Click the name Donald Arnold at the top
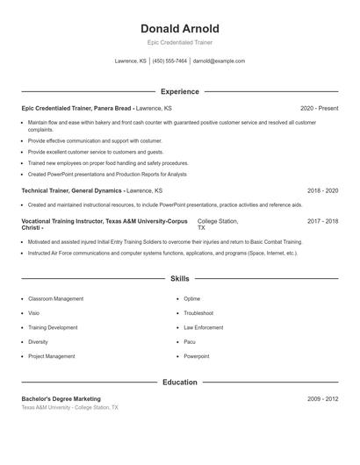tap(180, 28)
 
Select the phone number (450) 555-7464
tap(170, 61)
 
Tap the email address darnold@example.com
tap(219, 61)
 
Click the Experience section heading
tap(180, 91)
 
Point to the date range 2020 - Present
tap(319, 108)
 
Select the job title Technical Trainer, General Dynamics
tap(70, 190)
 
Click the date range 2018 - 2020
tap(322, 190)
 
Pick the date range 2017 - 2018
tap(322, 222)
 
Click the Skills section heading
tap(180, 278)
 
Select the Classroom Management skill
tap(55, 299)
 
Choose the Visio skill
tap(34, 313)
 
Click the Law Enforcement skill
tap(204, 327)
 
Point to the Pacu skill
tap(190, 342)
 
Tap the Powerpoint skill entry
tap(197, 356)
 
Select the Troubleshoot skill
tap(199, 313)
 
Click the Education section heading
tap(180, 383)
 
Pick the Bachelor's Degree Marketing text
tap(61, 398)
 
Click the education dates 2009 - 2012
tap(322, 398)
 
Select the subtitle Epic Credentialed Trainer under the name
tap(180, 42)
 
